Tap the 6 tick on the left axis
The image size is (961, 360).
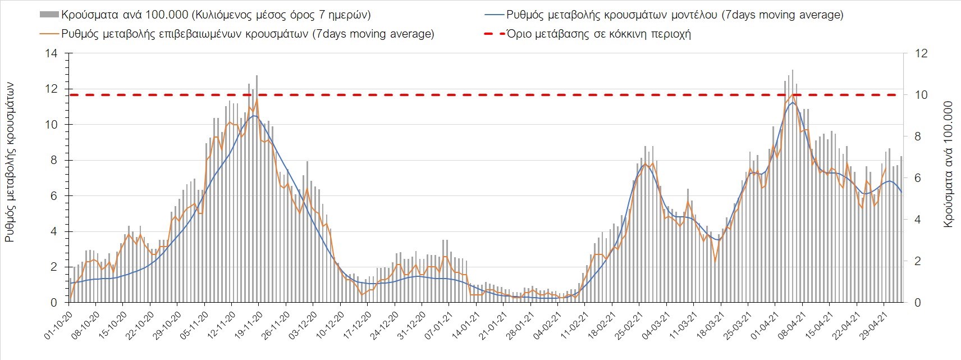click(x=54, y=196)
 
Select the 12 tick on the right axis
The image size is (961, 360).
click(x=922, y=54)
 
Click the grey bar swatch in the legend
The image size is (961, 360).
click(x=49, y=15)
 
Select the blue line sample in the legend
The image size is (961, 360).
click(x=492, y=15)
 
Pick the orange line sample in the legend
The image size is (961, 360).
click(x=49, y=34)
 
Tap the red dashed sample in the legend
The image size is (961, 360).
click(x=492, y=34)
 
